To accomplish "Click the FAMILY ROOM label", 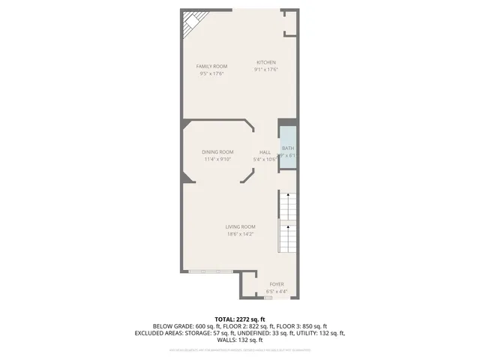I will (211, 66).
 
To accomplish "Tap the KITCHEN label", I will (266, 62).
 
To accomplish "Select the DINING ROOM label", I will (217, 151).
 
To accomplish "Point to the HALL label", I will (265, 151).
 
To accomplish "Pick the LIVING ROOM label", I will (241, 226).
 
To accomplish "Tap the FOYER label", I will (277, 283).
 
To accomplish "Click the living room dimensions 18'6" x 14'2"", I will (241, 234).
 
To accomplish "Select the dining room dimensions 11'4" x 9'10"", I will (217, 159).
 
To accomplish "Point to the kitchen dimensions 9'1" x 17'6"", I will (266, 70).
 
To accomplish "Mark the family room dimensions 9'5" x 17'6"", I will (211, 73).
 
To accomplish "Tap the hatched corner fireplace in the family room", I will (187, 29).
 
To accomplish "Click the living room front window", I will (209, 270).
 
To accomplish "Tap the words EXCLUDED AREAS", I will (159, 332).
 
